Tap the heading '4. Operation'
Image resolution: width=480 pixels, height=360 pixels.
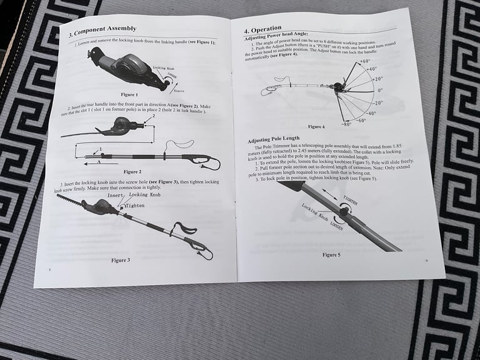coord(262,29)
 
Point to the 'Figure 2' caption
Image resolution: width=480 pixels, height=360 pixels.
coord(132,171)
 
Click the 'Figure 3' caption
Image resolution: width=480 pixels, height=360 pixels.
coord(121,259)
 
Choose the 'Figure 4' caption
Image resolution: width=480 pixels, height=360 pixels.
coord(316,127)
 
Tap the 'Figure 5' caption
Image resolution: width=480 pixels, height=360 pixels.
coord(331,254)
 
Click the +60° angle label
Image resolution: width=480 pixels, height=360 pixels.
coord(365,61)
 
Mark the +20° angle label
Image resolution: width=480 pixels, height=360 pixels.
coord(377,79)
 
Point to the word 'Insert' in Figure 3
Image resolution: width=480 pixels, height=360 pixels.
coord(116,196)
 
